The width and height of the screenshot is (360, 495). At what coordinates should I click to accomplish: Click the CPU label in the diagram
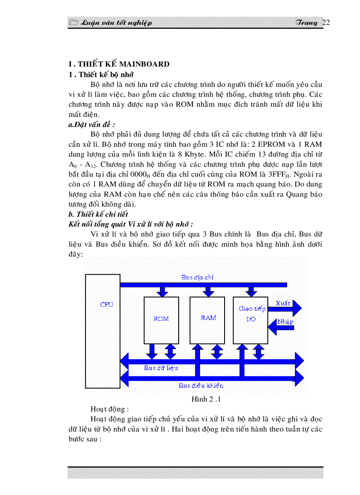107,305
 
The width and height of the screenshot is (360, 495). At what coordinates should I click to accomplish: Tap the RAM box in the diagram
208,318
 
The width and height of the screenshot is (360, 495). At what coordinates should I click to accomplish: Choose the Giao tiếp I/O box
251,314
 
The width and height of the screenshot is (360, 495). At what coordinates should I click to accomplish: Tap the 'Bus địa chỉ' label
197,277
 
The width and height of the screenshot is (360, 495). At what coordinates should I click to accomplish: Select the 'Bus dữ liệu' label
161,368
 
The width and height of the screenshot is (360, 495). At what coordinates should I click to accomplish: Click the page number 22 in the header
326,23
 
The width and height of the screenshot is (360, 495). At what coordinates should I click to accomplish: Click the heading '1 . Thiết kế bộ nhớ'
101,74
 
